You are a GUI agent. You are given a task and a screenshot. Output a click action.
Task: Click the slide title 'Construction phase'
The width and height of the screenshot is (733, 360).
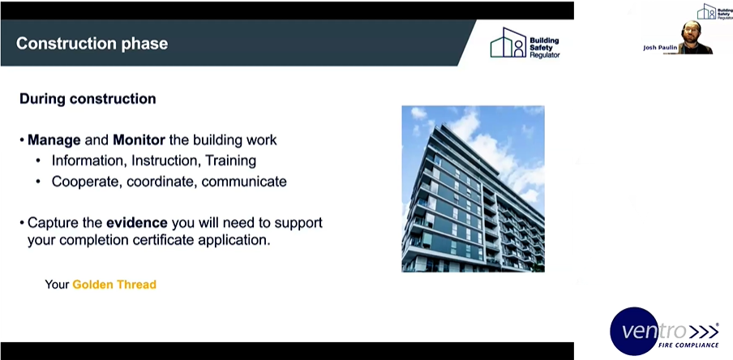[x=92, y=43]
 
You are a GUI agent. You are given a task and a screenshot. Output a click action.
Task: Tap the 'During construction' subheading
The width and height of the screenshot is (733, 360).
[x=88, y=100]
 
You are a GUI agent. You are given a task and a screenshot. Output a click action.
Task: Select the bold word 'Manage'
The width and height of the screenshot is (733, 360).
[x=54, y=140]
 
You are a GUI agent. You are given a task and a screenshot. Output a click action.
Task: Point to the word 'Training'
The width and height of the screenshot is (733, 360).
[x=229, y=161]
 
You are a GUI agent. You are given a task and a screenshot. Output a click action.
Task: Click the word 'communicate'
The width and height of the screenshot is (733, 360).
[x=244, y=182]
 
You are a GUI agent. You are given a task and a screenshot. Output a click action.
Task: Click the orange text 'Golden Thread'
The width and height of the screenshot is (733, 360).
[x=114, y=285]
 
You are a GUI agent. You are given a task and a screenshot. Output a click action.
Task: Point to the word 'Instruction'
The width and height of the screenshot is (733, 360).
[x=163, y=161]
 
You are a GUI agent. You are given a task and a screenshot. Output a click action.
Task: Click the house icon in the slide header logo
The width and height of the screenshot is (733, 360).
[x=508, y=42]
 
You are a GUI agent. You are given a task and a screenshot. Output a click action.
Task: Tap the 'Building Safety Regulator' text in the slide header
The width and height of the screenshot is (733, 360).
[x=544, y=47]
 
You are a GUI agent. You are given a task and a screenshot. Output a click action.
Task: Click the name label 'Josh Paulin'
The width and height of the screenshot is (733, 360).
[x=658, y=48]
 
